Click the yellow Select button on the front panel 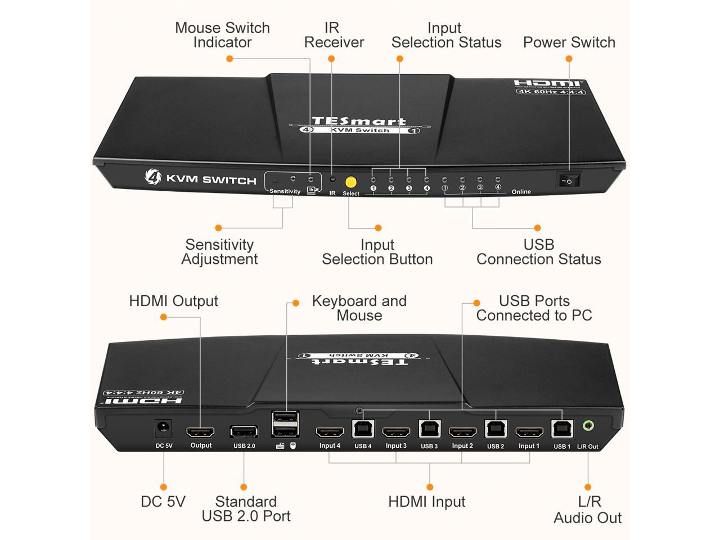(350, 182)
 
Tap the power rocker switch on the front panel (568, 181)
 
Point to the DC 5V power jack (164, 430)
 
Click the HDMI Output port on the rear (201, 433)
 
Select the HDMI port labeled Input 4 (330, 433)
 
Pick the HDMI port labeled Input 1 (529, 433)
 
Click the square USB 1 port (562, 429)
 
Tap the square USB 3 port (429, 429)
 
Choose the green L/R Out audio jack (588, 426)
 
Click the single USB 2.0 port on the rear (244, 432)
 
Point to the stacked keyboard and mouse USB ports (285, 425)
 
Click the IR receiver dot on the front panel (332, 179)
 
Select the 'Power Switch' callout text (569, 43)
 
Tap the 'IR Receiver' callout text (334, 35)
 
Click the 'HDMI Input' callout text (426, 502)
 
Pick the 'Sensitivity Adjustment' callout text (219, 252)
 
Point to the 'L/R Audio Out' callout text (588, 510)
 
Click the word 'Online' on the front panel (521, 192)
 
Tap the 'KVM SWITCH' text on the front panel (211, 180)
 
